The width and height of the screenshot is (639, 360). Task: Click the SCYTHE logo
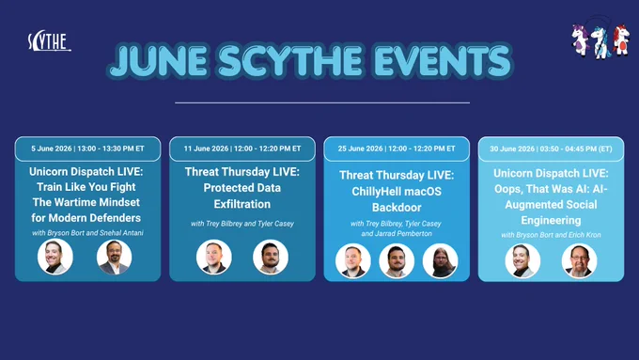49,41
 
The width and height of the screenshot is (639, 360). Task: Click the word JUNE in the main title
159,61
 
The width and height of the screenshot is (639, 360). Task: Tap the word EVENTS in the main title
442,61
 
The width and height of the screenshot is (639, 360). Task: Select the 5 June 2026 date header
87,149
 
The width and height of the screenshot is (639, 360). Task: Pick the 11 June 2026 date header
242,149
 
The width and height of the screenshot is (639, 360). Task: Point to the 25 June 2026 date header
397,149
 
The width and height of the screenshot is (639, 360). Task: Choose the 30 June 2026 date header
551,149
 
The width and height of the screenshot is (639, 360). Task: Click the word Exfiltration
242,204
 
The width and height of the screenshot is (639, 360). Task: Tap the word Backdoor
397,207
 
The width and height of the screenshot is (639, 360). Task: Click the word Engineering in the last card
551,221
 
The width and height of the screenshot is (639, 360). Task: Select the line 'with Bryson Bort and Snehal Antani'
87,233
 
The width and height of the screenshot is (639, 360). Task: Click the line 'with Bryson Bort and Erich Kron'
551,235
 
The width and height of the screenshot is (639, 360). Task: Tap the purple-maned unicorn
581,39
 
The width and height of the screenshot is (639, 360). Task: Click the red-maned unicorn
620,39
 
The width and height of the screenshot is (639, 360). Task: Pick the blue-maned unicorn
600,42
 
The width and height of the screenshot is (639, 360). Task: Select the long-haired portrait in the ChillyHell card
440,261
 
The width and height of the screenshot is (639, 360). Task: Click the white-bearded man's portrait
579,261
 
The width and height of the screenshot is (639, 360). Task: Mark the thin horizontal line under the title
322,102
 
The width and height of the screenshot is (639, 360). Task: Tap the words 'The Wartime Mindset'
86,202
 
